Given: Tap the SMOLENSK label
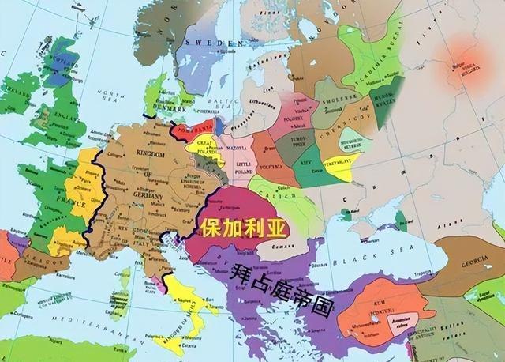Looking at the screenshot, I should click(x=339, y=113).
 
